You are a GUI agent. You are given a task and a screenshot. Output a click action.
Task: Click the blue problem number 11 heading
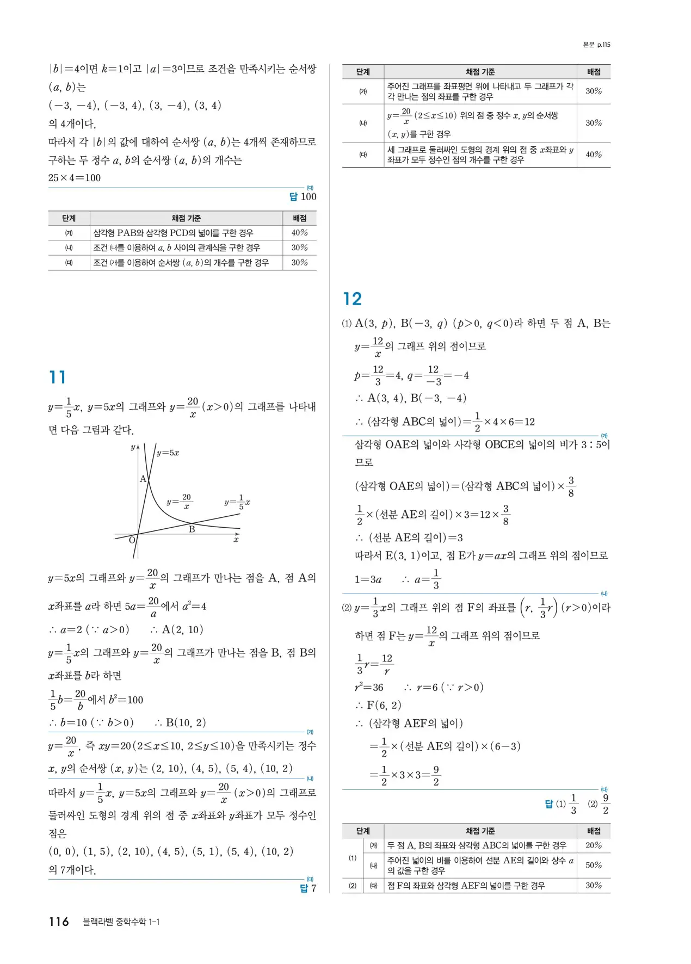[x=57, y=377]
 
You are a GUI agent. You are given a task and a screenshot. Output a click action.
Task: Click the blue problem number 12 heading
[x=352, y=299]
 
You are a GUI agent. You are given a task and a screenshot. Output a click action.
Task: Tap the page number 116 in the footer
[x=59, y=922]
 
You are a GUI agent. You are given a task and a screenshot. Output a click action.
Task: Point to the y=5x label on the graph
[x=168, y=453]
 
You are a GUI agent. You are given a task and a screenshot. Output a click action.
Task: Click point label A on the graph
[x=143, y=479]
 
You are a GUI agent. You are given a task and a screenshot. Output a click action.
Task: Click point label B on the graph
[x=192, y=529]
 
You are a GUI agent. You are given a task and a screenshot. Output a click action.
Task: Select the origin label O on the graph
[x=132, y=540]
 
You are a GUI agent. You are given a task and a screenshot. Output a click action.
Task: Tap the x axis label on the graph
[x=236, y=539]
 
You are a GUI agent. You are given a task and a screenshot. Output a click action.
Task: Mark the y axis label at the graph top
[x=132, y=447]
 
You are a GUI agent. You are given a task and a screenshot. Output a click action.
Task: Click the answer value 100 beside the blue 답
[x=309, y=197]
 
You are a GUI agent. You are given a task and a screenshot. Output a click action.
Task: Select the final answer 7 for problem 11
[x=313, y=888]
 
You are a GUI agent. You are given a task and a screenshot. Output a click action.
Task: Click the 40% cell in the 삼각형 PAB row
[x=299, y=233]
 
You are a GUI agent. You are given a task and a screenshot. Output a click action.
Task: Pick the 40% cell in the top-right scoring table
[x=594, y=155]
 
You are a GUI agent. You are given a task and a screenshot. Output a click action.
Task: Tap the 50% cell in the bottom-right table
[x=594, y=865]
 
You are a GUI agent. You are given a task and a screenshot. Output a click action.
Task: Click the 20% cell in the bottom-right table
[x=594, y=845]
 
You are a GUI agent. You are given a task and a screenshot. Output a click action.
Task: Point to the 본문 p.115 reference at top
[x=596, y=45]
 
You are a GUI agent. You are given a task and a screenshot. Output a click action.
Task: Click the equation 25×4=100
[x=75, y=178]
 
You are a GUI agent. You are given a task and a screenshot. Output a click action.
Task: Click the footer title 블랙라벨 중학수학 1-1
[x=121, y=922]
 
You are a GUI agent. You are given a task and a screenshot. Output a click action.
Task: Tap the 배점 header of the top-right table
[x=594, y=72]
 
